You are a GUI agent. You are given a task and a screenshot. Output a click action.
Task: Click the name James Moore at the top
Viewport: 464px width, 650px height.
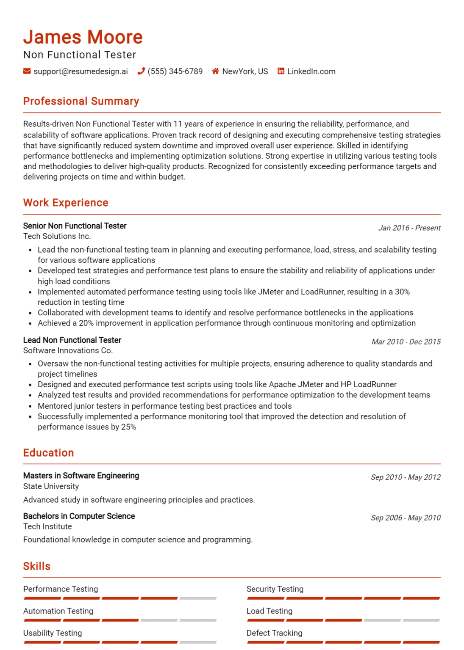tap(83, 37)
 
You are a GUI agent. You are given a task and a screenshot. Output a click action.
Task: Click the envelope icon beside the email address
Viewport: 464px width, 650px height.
tap(27, 71)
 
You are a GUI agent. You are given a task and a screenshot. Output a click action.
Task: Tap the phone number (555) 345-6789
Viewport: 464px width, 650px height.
tap(175, 72)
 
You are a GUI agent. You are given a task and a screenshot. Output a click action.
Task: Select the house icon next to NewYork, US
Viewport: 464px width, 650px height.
tap(215, 71)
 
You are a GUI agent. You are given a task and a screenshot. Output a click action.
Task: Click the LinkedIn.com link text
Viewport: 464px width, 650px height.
tap(311, 72)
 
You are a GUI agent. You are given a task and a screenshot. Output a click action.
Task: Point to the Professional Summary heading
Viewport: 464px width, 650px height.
tap(81, 101)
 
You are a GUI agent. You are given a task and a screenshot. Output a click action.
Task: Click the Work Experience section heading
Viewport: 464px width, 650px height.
tap(66, 203)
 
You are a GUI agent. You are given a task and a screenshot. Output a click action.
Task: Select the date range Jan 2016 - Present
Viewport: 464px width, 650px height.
tap(409, 228)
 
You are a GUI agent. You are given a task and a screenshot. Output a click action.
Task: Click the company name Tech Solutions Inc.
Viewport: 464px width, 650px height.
tap(57, 236)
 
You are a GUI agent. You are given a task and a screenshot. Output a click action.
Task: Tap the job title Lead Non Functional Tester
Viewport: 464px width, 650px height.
tap(72, 340)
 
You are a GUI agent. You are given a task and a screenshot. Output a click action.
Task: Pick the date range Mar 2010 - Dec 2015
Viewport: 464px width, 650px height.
tap(406, 342)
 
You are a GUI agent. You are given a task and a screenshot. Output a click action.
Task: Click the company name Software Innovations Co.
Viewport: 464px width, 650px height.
tap(68, 350)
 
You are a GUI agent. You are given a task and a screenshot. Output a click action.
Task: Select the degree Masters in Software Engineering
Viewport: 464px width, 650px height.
tap(81, 476)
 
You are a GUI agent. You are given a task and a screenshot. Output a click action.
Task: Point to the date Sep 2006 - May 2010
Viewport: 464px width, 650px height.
tap(405, 518)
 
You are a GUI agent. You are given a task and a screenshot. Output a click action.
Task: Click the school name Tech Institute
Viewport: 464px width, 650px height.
tap(47, 526)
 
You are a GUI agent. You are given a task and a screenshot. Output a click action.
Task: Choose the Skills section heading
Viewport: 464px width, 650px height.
tap(37, 566)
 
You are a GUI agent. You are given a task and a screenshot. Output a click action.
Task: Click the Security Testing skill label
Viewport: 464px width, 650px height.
tap(275, 589)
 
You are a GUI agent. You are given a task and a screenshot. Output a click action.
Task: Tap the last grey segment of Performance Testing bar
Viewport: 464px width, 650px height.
tap(198, 598)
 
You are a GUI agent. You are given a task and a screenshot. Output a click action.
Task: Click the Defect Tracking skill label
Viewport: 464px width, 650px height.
tap(274, 633)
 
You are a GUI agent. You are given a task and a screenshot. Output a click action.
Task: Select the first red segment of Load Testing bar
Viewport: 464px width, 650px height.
tap(266, 620)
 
